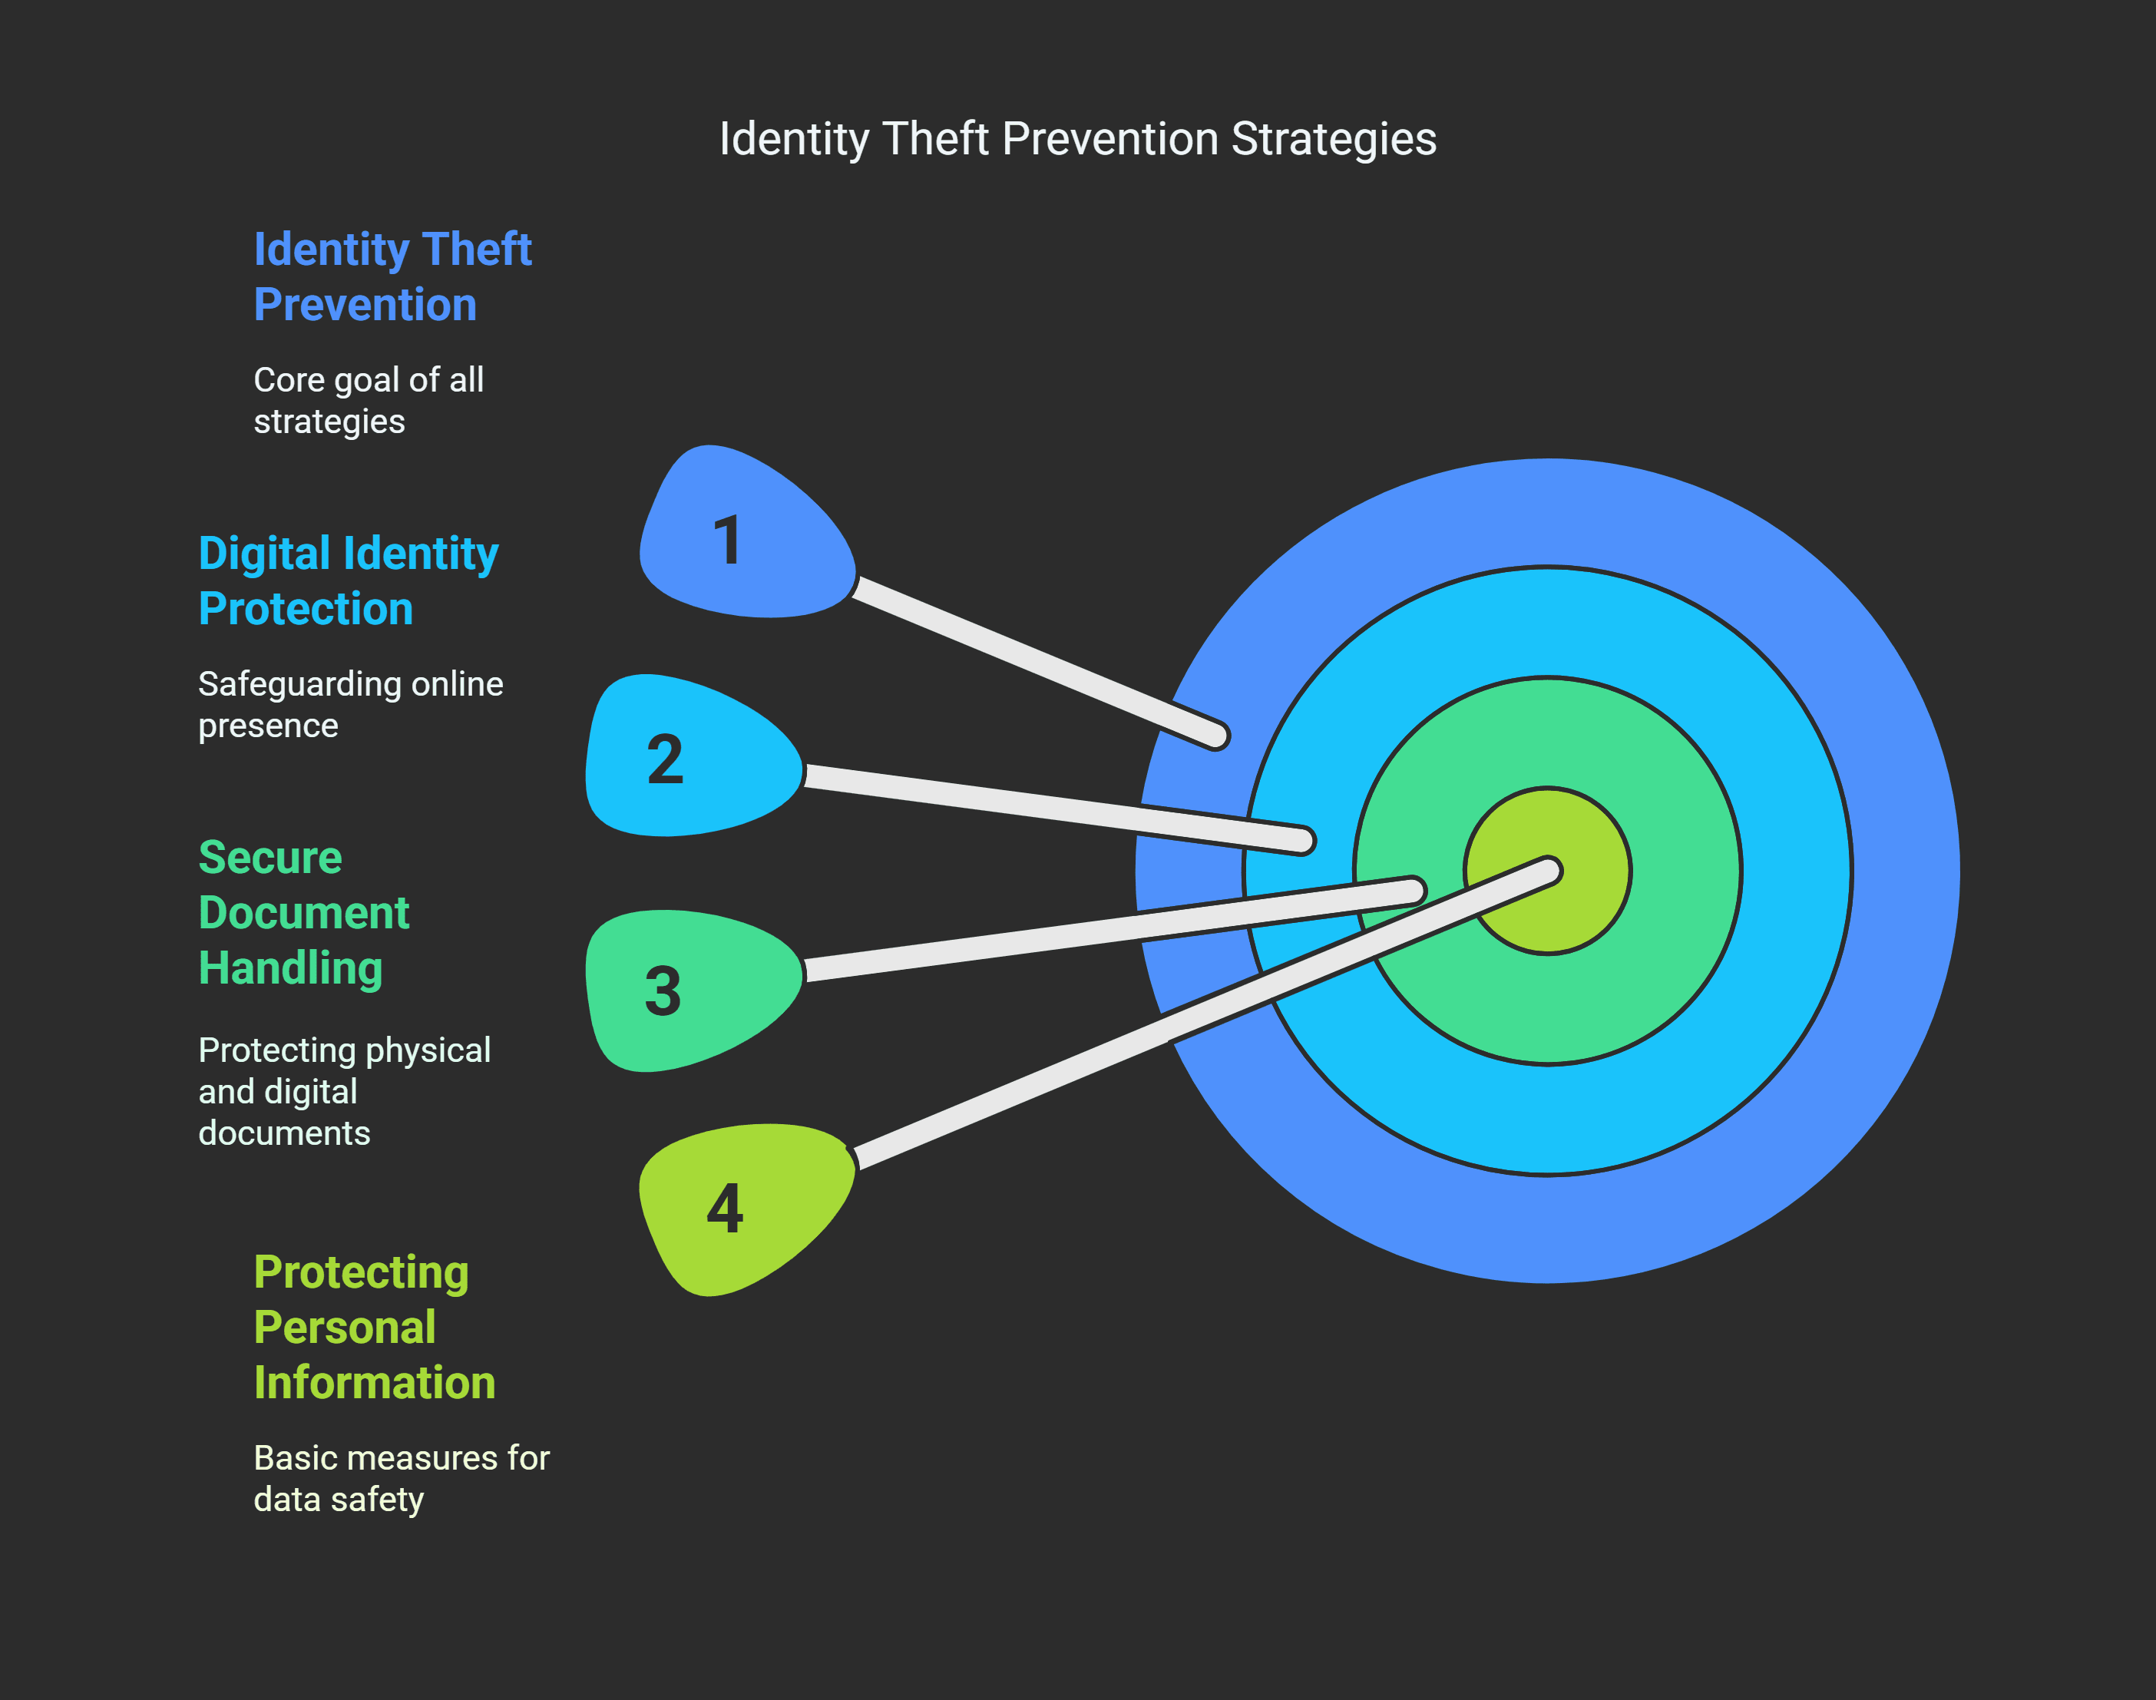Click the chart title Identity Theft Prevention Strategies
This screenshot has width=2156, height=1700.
[x=1077, y=138]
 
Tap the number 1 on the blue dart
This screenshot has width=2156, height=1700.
[x=729, y=541]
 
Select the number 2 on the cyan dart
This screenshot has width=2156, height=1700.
[x=665, y=759]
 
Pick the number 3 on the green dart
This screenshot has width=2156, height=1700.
[x=663, y=991]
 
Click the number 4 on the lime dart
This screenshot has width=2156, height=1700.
[x=725, y=1209]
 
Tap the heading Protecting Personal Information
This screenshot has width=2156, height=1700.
[x=373, y=1327]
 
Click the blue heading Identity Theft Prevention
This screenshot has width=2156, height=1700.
[x=392, y=276]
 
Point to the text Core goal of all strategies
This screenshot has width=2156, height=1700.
[x=369, y=400]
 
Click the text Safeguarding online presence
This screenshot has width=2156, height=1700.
[x=350, y=705]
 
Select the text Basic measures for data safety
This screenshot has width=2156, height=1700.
[x=401, y=1478]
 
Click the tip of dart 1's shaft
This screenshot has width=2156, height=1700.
[x=1216, y=736]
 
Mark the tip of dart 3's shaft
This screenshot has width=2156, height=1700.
[x=1413, y=890]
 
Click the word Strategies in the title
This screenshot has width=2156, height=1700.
[x=1334, y=138]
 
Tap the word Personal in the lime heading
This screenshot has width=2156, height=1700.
[x=345, y=1327]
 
